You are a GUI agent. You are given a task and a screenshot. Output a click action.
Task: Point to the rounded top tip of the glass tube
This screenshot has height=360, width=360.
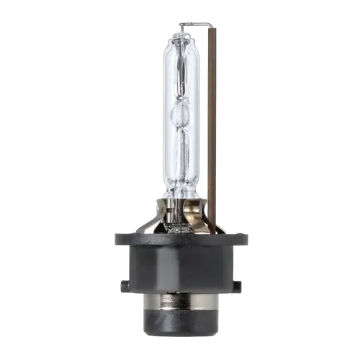180,36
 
